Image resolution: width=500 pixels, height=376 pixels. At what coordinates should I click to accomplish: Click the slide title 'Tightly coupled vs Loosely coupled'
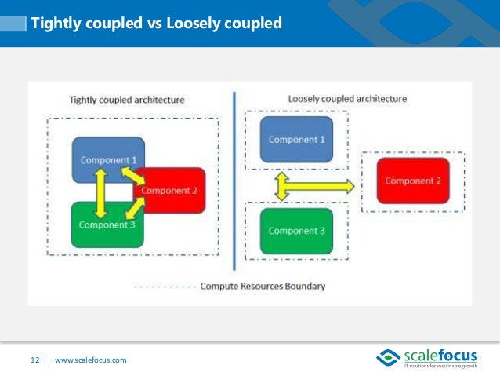[155, 24]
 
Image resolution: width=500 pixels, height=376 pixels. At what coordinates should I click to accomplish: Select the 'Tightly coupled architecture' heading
[126, 100]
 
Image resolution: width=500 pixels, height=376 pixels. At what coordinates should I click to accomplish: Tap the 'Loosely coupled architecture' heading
[347, 99]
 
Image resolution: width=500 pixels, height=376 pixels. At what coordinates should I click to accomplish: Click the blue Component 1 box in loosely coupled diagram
[296, 139]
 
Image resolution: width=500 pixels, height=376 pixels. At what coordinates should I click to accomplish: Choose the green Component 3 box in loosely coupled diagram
[296, 231]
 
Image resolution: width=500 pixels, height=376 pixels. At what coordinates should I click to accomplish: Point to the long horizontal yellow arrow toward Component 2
[321, 186]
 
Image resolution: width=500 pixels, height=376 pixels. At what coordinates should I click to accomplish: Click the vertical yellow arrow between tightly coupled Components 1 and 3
[100, 193]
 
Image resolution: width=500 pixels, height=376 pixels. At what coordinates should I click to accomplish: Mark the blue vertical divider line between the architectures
[234, 181]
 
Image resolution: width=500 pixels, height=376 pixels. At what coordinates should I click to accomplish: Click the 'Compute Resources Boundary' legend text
[263, 286]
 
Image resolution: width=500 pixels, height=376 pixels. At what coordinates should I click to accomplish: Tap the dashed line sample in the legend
[165, 287]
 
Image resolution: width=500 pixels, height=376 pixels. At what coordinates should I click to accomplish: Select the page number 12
[34, 360]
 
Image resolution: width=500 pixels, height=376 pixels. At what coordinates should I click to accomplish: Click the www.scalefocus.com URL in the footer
[90, 360]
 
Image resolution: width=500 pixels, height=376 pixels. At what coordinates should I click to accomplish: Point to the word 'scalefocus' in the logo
[439, 355]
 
